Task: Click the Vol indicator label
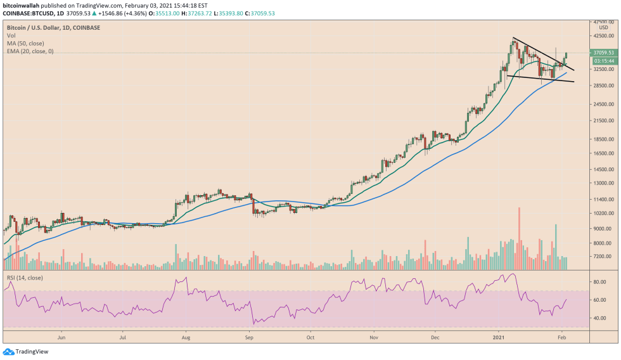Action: pos(11,36)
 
